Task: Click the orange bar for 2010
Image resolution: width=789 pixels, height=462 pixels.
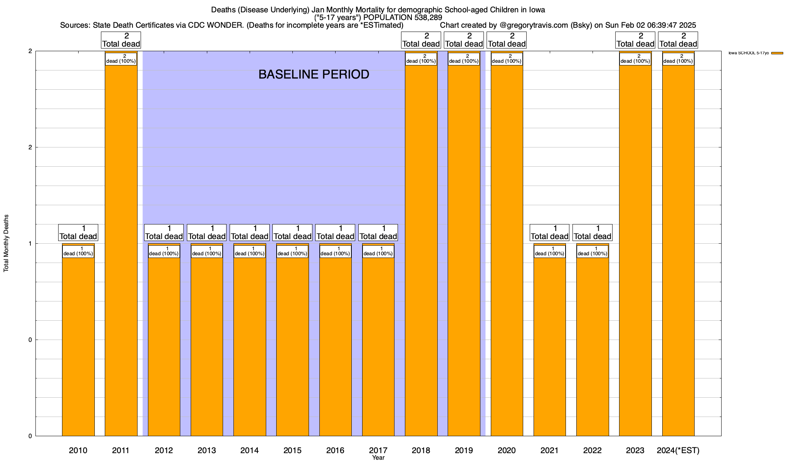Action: tap(78, 346)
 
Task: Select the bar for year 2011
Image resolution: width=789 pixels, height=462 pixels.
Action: tap(121, 250)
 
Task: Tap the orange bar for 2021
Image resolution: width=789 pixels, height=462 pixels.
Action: tap(550, 346)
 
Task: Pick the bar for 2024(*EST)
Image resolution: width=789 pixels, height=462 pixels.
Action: tap(678, 250)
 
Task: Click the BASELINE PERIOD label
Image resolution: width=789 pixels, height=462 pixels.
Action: tap(314, 75)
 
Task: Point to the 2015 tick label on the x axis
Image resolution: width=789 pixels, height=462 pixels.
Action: tap(292, 450)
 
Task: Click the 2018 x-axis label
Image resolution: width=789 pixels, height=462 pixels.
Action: tap(421, 450)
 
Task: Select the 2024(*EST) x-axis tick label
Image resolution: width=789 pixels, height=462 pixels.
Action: tap(678, 450)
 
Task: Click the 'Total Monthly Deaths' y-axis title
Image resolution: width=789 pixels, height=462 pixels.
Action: tap(6, 243)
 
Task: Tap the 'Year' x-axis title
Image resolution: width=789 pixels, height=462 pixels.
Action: tap(378, 458)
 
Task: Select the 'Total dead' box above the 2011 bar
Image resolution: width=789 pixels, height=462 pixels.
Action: tap(121, 40)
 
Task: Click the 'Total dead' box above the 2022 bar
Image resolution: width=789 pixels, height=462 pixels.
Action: tap(593, 233)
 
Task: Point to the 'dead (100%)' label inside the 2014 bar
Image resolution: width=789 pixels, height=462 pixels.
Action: tap(250, 251)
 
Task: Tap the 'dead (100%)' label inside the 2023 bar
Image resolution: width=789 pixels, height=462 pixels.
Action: tap(635, 59)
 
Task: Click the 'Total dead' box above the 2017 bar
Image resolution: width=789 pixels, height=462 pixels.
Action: tap(378, 233)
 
